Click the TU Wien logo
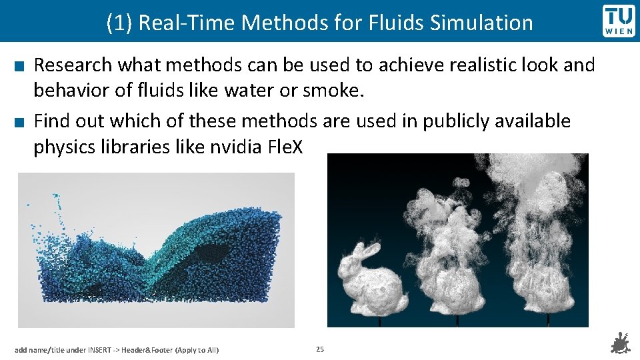[x=619, y=21]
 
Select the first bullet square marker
[x=20, y=65]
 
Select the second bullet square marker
[x=20, y=122]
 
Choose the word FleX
[x=284, y=147]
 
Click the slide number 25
[x=320, y=349]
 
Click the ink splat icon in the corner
[x=621, y=344]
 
